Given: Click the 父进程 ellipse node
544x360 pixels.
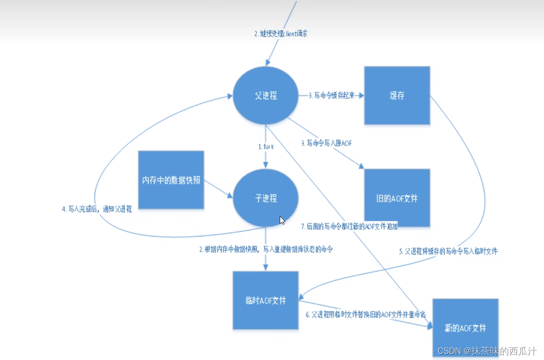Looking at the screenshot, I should click(x=265, y=96).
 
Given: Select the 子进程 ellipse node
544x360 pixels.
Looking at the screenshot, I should click(x=265, y=199).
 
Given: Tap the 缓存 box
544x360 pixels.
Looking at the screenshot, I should click(x=397, y=96).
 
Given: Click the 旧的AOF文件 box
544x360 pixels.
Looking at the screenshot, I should click(x=397, y=198).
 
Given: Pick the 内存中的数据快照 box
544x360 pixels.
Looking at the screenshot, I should click(x=171, y=180).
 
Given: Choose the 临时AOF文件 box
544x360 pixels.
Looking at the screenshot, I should click(x=265, y=300).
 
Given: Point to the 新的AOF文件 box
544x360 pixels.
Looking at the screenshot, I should click(x=465, y=328).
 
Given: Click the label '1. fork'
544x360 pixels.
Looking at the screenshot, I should click(x=266, y=146).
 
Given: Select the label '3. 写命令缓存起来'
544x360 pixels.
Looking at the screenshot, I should click(x=331, y=96).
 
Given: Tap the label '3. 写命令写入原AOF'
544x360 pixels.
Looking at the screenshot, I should click(x=326, y=143).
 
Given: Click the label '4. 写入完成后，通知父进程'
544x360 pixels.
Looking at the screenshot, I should click(x=97, y=209).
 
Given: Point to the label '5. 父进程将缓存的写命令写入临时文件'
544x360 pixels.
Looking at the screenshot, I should click(x=448, y=251).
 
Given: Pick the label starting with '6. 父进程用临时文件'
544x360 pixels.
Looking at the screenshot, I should click(x=365, y=314).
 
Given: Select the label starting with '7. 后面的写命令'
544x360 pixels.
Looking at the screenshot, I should click(x=350, y=227).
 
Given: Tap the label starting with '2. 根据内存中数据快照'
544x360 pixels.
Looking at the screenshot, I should click(x=266, y=249).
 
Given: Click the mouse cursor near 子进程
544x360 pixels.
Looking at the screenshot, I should click(x=282, y=221).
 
